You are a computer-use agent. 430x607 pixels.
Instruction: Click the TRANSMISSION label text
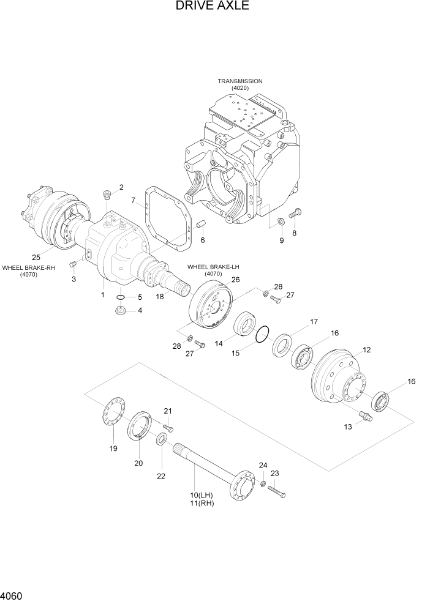(240, 81)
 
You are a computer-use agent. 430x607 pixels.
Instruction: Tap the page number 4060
(13, 595)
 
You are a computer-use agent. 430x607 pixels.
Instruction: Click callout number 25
(36, 256)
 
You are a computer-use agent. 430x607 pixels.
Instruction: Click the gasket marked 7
(164, 220)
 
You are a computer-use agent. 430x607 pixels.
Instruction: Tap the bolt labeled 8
(296, 214)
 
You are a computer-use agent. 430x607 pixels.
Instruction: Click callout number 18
(159, 296)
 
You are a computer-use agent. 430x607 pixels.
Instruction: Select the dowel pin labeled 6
(199, 227)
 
